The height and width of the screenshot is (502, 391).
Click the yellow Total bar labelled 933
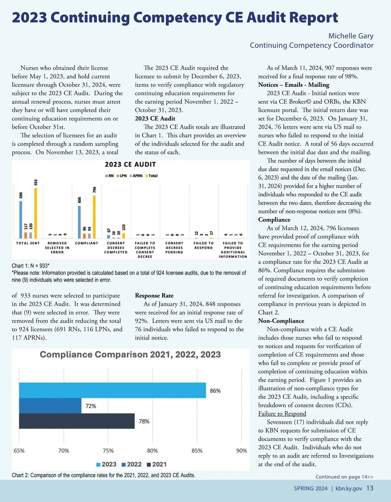pos(36,214)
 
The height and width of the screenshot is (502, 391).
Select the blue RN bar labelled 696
pos(21,220)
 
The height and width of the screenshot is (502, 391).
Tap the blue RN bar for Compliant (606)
pos(79,222)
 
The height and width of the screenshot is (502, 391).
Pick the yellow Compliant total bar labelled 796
pos(94,217)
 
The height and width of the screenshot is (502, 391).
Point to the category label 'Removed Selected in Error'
pos(57,248)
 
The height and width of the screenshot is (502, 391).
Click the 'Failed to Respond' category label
pos(203,245)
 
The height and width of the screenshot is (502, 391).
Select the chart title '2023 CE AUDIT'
pos(130,165)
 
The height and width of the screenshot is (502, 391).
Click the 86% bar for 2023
pos(112,390)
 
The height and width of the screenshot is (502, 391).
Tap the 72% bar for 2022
pos(50,406)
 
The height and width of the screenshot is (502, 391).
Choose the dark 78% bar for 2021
pos(77,421)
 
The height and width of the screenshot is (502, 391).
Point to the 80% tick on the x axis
pos(152,451)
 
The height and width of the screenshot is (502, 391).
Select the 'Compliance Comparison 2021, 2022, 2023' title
pos(130,355)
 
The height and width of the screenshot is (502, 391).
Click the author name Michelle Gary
pos(351,36)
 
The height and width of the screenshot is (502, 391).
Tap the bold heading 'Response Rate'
pos(154,296)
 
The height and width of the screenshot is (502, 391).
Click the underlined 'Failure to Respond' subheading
pos(282,414)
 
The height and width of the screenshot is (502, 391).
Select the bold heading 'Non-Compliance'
pos(281,321)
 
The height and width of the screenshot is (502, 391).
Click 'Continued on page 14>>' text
pos(344,477)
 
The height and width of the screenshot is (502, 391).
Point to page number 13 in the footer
pos(370,488)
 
